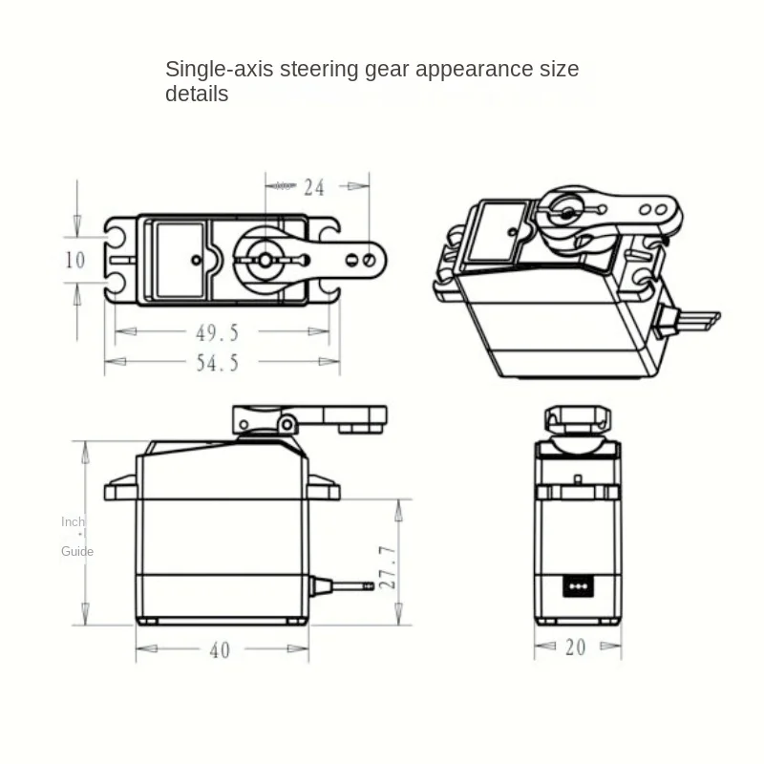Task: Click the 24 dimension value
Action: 314,187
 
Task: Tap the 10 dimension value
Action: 75,260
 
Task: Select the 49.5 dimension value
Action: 217,332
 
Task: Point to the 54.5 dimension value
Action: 217,362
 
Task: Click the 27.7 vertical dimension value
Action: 387,567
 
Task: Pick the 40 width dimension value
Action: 220,650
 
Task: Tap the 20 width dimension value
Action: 575,647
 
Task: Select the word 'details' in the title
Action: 197,94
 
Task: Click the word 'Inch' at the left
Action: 73,521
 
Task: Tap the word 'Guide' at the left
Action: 77,551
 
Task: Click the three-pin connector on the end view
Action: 576,583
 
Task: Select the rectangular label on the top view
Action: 180,260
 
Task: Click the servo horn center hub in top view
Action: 263,259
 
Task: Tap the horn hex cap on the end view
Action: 575,418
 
